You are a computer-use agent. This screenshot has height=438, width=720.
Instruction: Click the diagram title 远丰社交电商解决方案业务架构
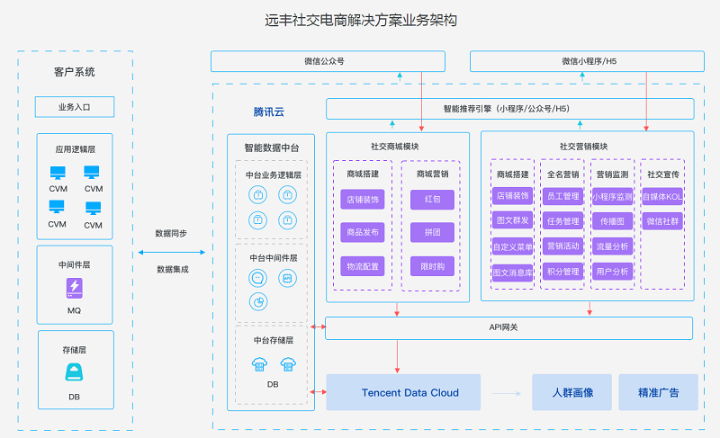(x=359, y=19)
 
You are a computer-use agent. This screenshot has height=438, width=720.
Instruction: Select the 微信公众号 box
(x=328, y=61)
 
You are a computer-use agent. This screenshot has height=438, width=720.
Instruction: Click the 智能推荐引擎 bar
(x=509, y=109)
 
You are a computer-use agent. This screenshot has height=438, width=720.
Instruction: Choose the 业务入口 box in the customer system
(x=75, y=107)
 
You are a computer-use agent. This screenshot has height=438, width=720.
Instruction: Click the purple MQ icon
(x=75, y=288)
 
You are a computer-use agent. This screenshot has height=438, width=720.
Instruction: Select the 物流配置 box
(x=363, y=266)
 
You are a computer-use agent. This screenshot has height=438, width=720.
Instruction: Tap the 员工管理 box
(x=562, y=196)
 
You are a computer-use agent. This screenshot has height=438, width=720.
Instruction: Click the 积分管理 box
(x=562, y=272)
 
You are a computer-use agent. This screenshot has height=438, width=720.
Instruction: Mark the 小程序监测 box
(x=612, y=196)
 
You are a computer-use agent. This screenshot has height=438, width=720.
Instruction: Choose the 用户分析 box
(x=612, y=272)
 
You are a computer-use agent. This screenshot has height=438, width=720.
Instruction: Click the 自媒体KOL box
(x=661, y=196)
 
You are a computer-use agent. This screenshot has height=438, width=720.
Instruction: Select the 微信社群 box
(x=661, y=221)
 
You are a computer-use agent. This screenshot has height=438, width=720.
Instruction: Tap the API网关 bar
(x=509, y=327)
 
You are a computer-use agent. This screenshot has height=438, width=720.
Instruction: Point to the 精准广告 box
(x=658, y=392)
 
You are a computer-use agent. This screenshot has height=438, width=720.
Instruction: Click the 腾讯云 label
(x=268, y=112)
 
